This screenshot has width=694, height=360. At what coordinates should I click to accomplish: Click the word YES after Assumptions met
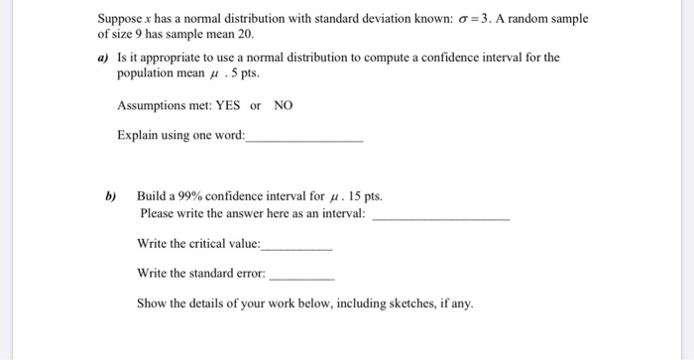point(228,105)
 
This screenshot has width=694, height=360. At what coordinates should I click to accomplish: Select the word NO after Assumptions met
point(284,105)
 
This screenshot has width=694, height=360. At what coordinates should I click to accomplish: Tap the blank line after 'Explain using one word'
point(303,141)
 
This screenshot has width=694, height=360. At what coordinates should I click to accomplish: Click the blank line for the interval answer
point(440,216)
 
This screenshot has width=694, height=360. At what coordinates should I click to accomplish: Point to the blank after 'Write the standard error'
point(301,277)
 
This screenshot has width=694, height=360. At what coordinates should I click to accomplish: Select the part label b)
point(111,196)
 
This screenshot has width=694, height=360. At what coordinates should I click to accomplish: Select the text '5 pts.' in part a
point(246,73)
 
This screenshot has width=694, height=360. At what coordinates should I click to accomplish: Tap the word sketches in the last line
point(397,303)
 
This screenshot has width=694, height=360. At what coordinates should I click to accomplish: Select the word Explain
point(139,136)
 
